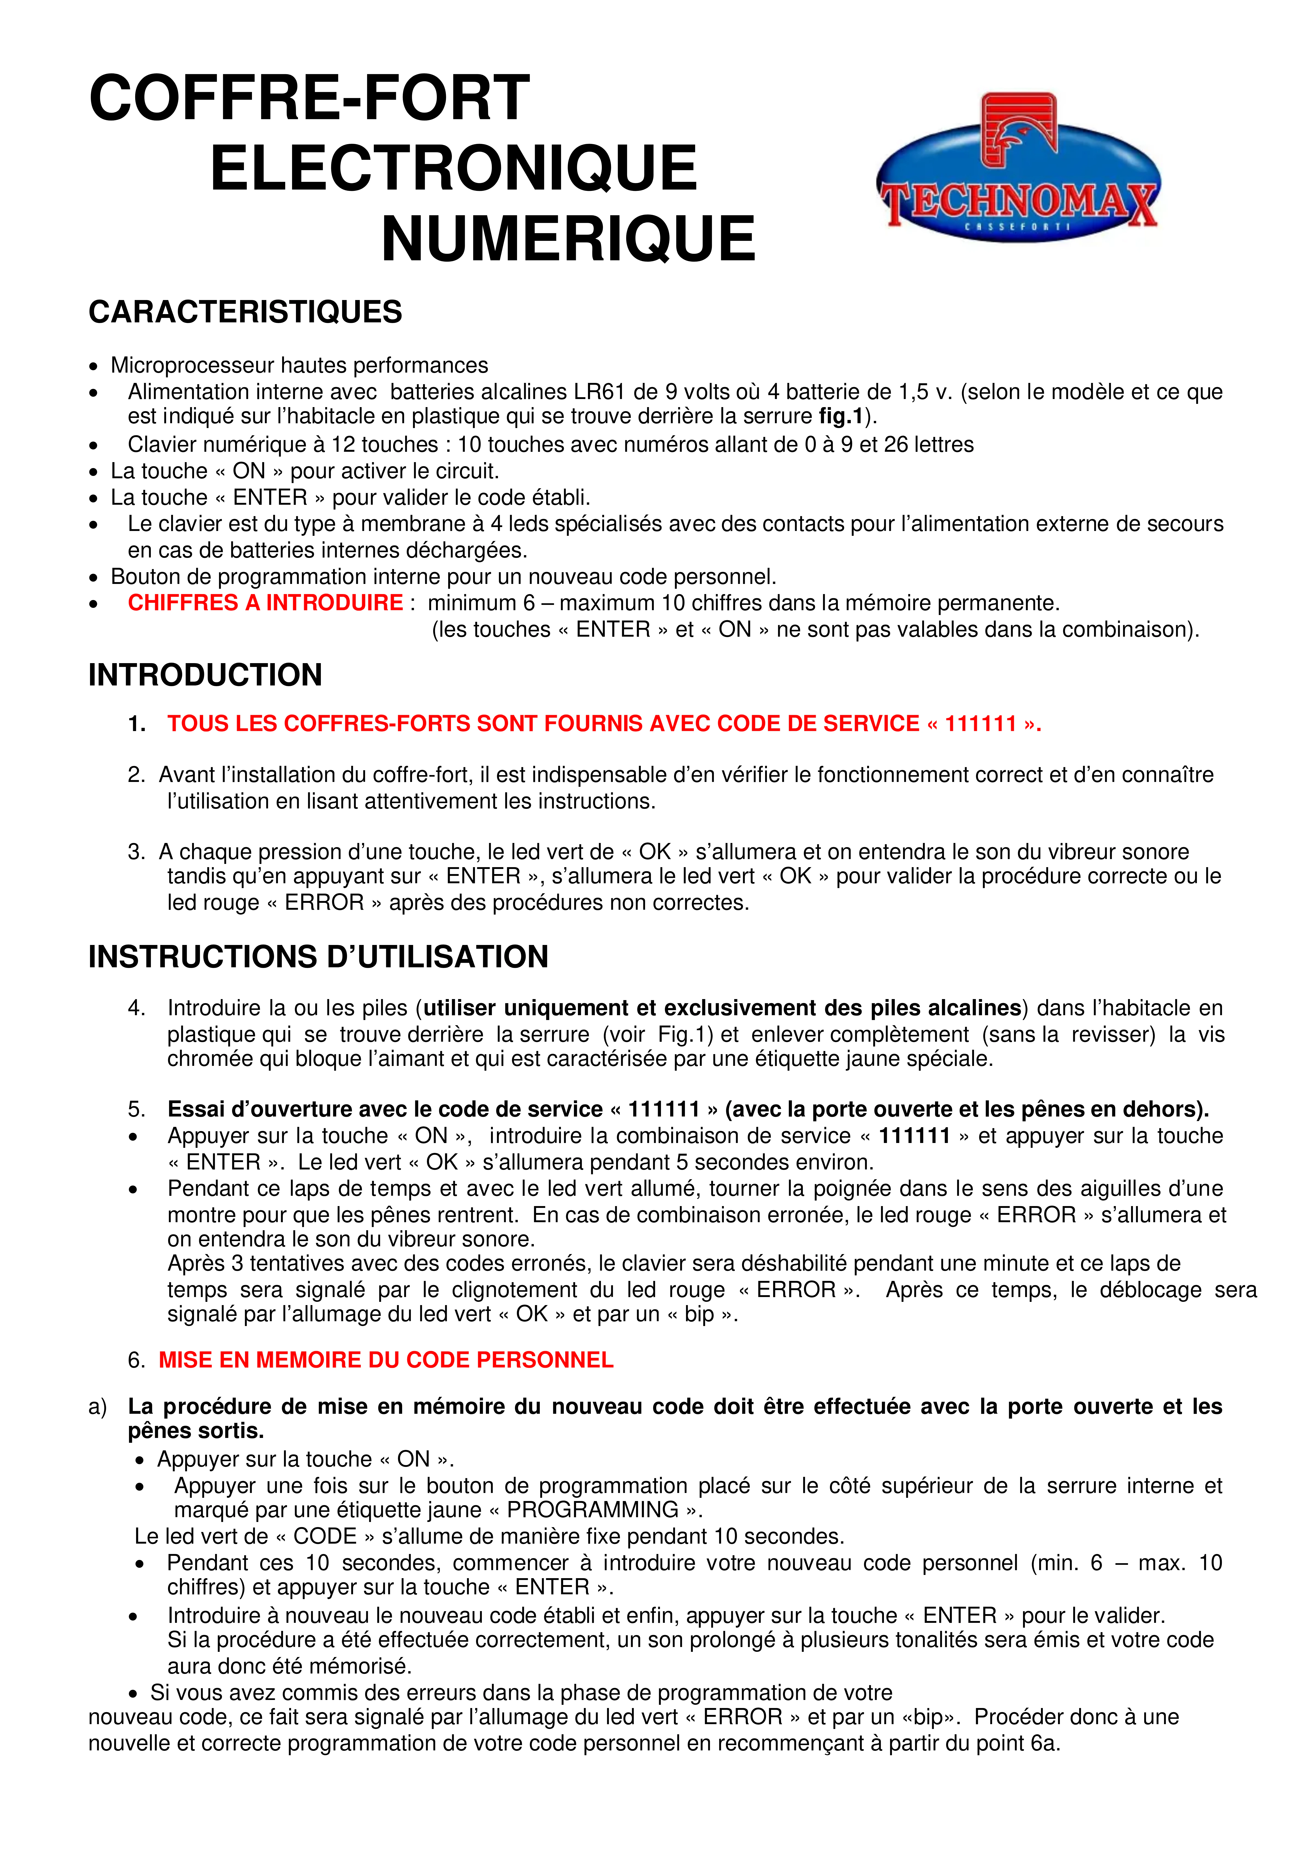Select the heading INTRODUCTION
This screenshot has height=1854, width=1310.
click(205, 675)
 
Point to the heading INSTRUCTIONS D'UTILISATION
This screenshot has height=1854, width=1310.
click(318, 957)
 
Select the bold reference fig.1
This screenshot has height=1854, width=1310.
click(840, 417)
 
